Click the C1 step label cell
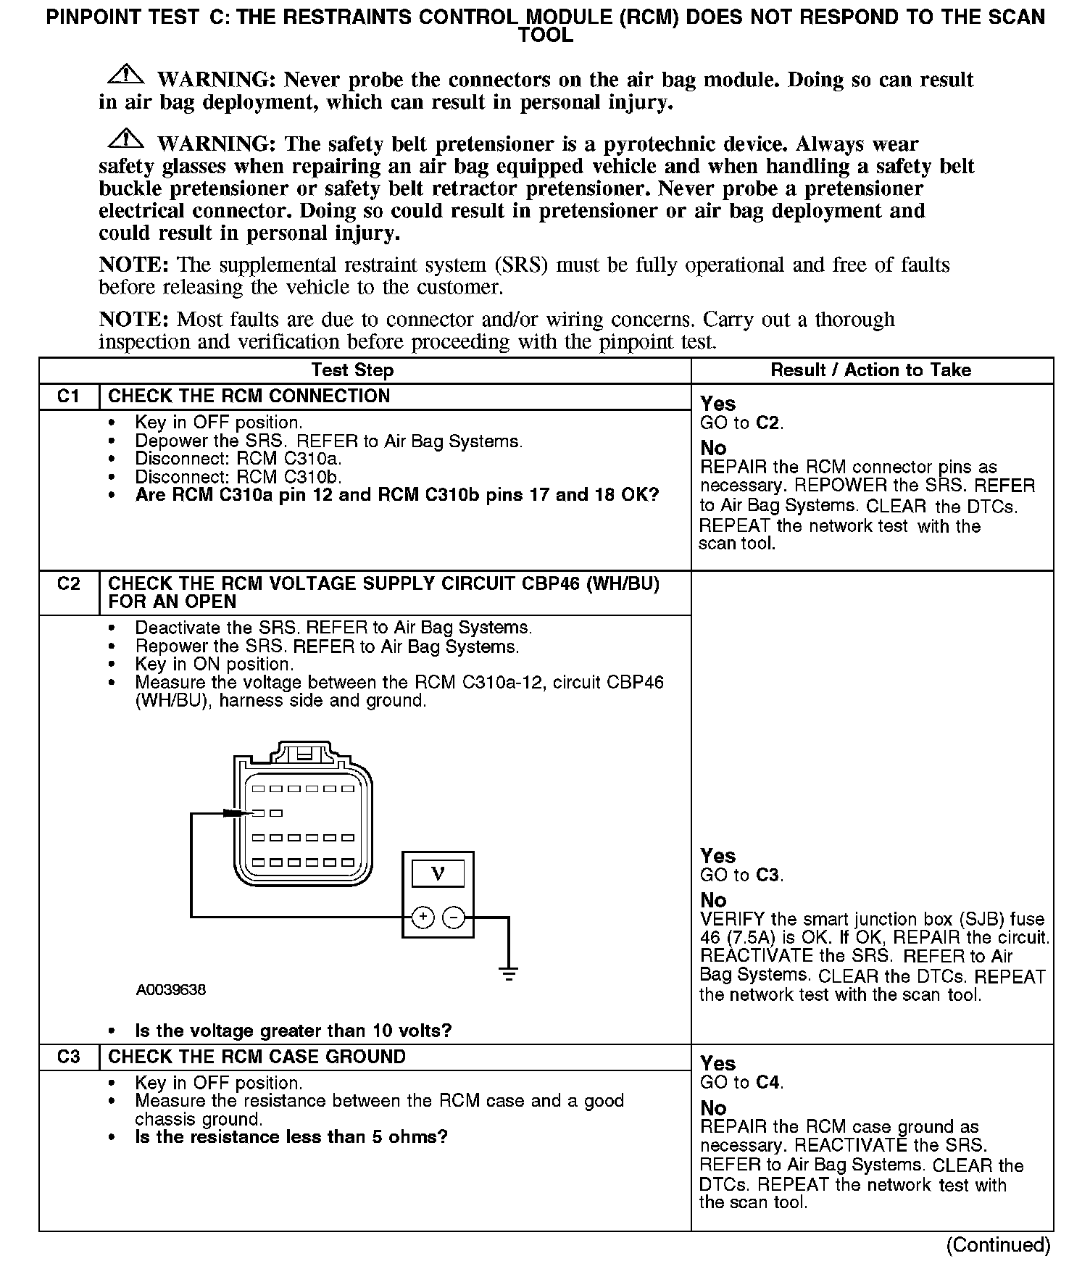(68, 396)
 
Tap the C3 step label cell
(68, 1057)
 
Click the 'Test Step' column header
(352, 370)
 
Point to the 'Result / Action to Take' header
(870, 370)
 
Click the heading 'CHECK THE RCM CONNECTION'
(249, 396)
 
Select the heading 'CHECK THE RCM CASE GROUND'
(257, 1057)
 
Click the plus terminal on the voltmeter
(423, 918)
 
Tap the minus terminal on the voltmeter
(454, 918)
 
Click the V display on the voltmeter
(438, 873)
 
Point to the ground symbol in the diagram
(509, 973)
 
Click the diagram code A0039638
(170, 989)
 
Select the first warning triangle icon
(125, 75)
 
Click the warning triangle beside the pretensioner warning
(125, 139)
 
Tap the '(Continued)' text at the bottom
(997, 1245)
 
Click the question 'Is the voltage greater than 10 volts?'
(294, 1031)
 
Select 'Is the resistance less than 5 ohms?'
(291, 1136)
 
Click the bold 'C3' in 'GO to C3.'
(767, 875)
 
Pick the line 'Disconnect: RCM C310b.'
(238, 477)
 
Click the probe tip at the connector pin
(246, 813)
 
